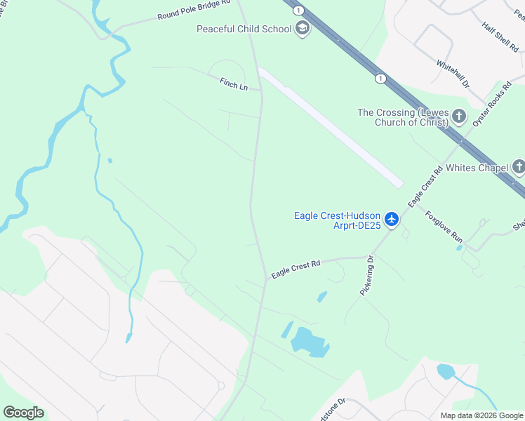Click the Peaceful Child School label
click(244, 29)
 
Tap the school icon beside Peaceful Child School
click(303, 29)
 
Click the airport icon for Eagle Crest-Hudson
click(391, 220)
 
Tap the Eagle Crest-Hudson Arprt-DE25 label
click(337, 220)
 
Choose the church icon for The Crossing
click(459, 116)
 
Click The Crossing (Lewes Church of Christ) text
click(403, 117)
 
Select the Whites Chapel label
click(477, 167)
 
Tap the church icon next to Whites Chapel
click(518, 167)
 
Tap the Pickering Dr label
click(368, 274)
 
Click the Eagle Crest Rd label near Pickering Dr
click(295, 269)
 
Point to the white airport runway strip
click(330, 126)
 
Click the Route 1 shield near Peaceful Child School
click(299, 11)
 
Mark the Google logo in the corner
click(23, 413)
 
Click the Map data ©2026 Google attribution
click(481, 415)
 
